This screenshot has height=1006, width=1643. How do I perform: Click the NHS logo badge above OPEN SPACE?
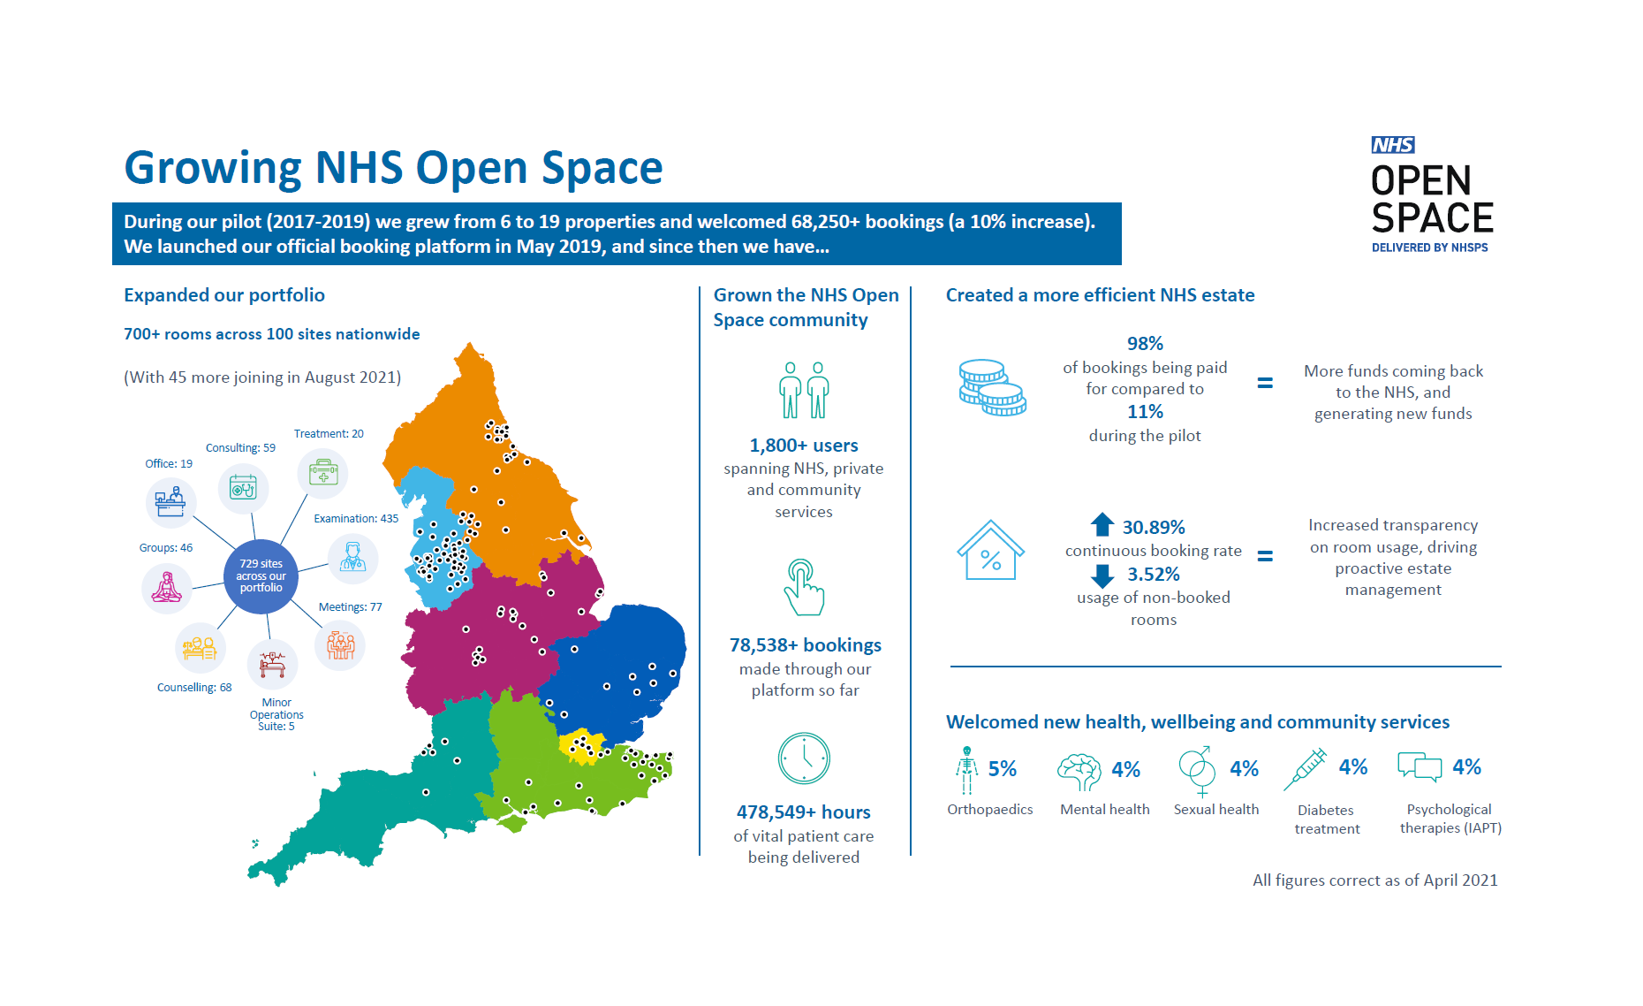[1393, 145]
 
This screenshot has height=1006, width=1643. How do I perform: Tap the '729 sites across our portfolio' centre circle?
[261, 576]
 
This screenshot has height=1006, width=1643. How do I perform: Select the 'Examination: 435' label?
[356, 519]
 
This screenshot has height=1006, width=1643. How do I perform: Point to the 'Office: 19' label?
[169, 464]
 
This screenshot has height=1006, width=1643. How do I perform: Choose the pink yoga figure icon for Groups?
[167, 587]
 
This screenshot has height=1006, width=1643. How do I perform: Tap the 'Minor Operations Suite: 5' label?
[276, 714]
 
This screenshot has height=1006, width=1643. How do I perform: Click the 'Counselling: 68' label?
[194, 688]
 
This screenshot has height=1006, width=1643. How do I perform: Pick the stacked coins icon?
[992, 388]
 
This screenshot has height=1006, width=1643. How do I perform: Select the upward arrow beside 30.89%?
[1102, 525]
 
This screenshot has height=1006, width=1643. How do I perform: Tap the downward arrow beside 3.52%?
[1102, 575]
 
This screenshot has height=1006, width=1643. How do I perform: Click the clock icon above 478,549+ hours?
[804, 758]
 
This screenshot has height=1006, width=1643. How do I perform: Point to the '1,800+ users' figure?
[804, 446]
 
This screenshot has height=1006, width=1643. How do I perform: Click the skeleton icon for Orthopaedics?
[967, 770]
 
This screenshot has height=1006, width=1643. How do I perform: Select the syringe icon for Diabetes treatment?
[1305, 769]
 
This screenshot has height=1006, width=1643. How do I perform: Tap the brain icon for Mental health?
[1079, 771]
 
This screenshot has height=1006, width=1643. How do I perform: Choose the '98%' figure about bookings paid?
[1145, 344]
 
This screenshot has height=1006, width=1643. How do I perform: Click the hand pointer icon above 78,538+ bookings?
[803, 587]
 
